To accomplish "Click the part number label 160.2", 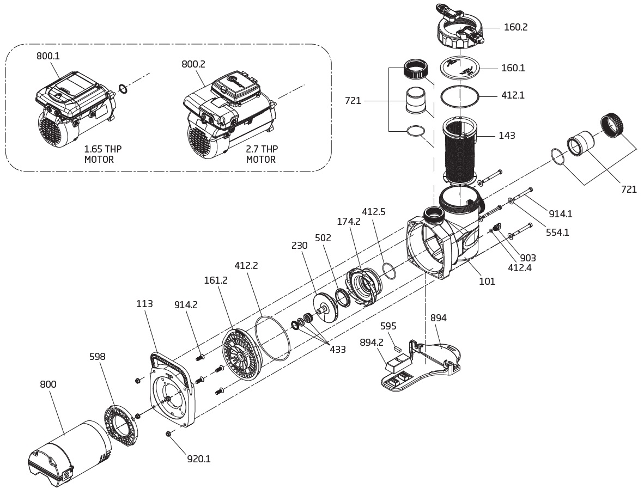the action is (x=515, y=27).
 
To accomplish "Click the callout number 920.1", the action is (x=199, y=459).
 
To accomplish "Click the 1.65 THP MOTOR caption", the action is (x=102, y=154).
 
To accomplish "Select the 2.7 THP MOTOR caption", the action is (x=262, y=154).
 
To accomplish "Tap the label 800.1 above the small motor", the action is (x=48, y=56).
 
